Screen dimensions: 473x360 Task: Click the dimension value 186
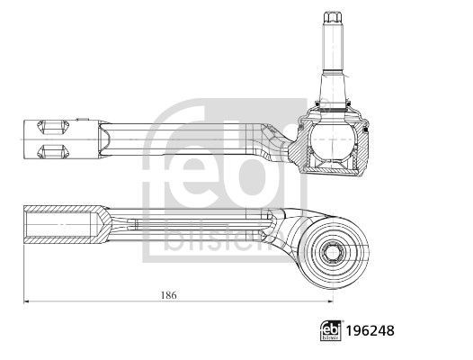click(x=169, y=295)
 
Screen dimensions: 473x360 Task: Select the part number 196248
click(x=370, y=331)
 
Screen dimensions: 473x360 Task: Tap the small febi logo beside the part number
click(x=331, y=330)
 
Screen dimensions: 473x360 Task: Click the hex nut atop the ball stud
click(x=332, y=17)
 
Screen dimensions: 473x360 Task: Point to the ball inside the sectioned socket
click(x=332, y=140)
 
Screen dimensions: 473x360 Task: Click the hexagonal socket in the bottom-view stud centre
click(x=332, y=252)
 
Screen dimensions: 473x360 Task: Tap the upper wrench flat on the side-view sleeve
click(x=53, y=127)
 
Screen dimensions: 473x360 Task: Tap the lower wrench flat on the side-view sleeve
click(x=53, y=151)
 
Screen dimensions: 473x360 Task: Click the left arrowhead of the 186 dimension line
click(x=26, y=301)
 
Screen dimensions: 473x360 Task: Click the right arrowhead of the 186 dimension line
click(x=331, y=301)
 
